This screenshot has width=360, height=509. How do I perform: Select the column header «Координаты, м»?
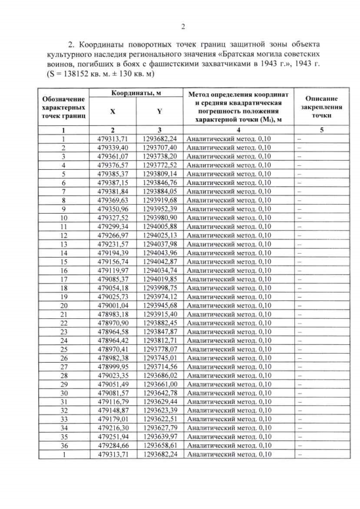pyautogui.click(x=136, y=93)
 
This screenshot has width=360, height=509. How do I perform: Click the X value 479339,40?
pyautogui.click(x=114, y=147)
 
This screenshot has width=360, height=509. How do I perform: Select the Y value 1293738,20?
pyautogui.click(x=160, y=156)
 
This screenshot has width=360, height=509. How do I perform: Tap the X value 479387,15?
pyautogui.click(x=114, y=182)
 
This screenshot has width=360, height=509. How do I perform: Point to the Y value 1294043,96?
pyautogui.click(x=160, y=253)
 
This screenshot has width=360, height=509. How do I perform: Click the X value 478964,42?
pyautogui.click(x=114, y=340)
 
